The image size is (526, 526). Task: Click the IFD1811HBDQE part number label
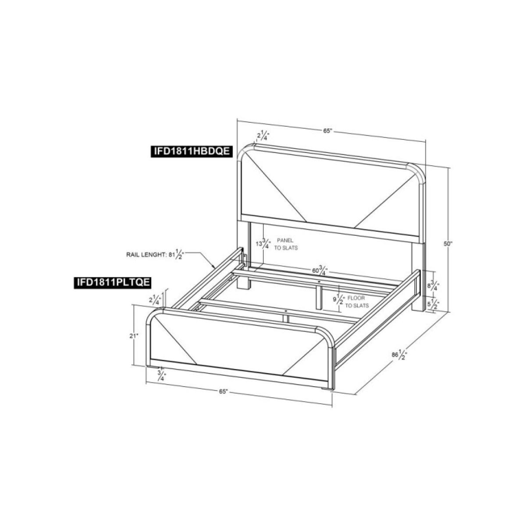pos(192,151)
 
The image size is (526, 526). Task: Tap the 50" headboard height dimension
pos(448,243)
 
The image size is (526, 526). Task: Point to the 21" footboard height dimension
pos(134,336)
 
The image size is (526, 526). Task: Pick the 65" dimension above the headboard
pos(327,131)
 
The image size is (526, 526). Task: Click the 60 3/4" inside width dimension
pos(320,271)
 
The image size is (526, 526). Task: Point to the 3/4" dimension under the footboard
pos(162,375)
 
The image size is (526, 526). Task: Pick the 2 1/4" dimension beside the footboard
pos(156,299)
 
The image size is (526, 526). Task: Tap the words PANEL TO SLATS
pos(286,244)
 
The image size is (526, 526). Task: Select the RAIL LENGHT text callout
pos(155,254)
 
